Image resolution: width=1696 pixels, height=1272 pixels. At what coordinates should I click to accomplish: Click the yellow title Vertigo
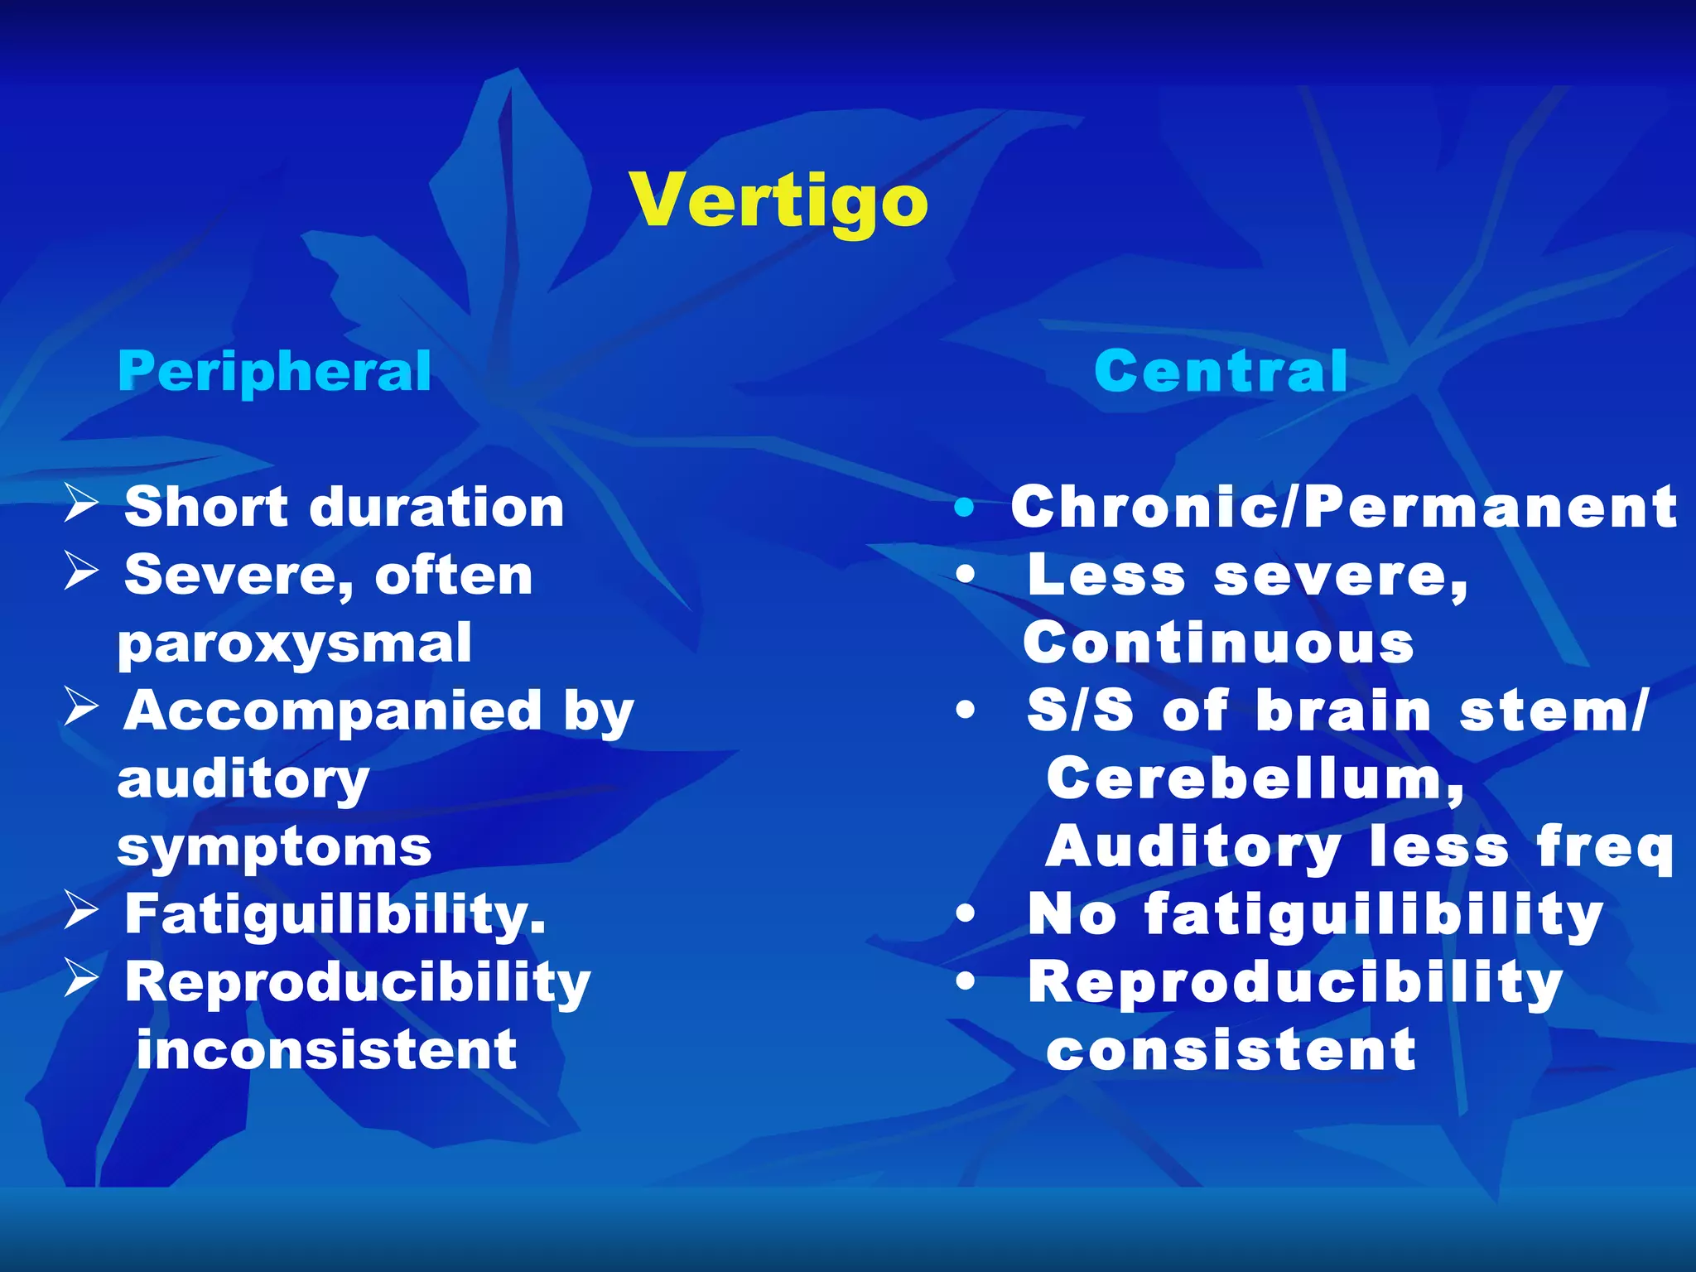point(778,201)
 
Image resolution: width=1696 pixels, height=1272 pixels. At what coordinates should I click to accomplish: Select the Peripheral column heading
point(274,372)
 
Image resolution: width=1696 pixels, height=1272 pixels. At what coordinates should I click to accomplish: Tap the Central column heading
point(1220,372)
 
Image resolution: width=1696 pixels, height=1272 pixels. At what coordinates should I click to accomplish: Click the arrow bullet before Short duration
point(81,503)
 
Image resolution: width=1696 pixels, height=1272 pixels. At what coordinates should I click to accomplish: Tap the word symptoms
point(274,849)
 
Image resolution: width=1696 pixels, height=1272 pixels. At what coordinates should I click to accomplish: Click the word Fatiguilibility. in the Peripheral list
point(335,915)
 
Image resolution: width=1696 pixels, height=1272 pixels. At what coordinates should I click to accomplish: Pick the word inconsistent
point(326,1050)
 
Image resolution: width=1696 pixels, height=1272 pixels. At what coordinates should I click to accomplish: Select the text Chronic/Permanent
point(1343,507)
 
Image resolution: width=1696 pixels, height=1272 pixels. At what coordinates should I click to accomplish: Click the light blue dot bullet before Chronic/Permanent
point(964,507)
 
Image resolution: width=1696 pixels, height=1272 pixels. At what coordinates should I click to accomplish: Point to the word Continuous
point(1218,643)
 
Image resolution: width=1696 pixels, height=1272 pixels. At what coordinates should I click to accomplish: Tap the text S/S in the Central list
point(1079,711)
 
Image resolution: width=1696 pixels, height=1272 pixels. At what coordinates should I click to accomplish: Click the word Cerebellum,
point(1255,780)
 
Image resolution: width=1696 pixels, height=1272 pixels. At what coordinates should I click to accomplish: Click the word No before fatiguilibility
point(1072,915)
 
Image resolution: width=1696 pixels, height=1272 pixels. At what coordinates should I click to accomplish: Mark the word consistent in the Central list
point(1231,1050)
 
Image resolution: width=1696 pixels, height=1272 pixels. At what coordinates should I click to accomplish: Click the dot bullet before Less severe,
point(965,575)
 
